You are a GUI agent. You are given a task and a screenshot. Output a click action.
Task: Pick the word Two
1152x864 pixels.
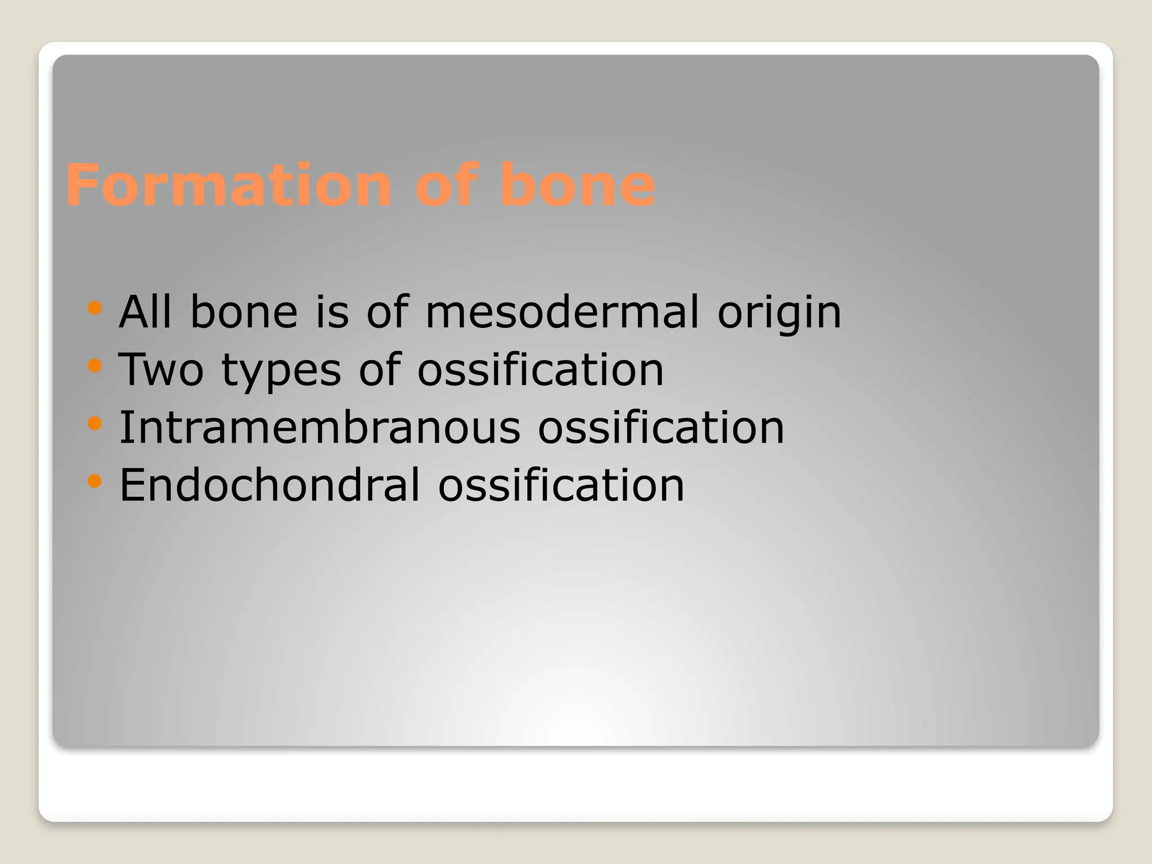click(161, 370)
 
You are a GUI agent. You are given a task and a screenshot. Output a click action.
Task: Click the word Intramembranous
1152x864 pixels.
click(319, 427)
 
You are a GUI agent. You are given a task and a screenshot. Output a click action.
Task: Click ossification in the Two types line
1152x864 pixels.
click(541, 370)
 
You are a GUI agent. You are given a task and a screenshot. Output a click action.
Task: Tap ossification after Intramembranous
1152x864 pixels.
click(661, 427)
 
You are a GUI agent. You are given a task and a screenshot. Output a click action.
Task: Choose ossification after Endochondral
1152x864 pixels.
click(561, 485)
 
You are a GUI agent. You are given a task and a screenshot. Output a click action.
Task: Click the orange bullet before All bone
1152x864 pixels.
click(94, 308)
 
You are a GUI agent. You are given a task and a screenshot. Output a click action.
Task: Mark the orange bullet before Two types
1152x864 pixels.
click(94, 366)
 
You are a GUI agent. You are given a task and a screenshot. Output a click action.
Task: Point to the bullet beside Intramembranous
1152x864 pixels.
click(94, 423)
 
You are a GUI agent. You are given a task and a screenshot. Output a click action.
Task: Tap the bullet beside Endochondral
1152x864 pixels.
click(94, 481)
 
